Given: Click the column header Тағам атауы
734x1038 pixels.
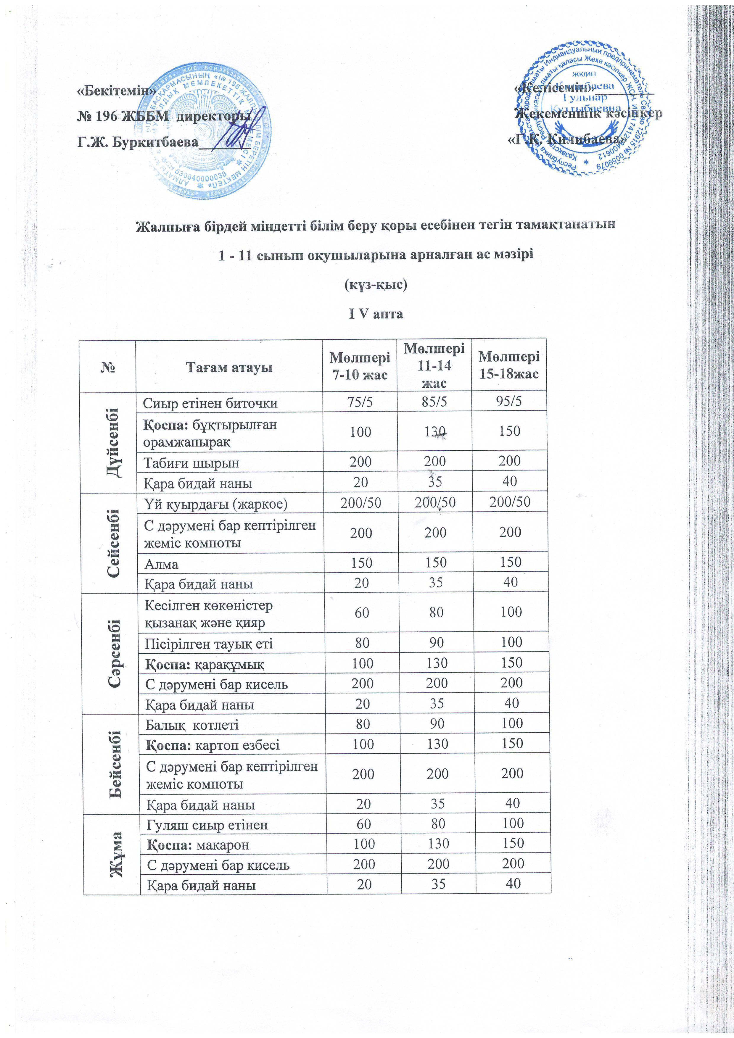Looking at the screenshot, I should pyautogui.click(x=230, y=367).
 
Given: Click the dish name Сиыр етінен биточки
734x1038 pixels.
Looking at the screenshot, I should pyautogui.click(x=210, y=403).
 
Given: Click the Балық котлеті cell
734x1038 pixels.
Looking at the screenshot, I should pyautogui.click(x=192, y=725).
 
